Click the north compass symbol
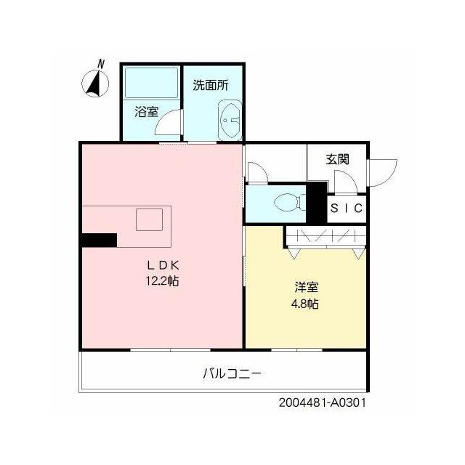click(95, 84)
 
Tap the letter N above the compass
click(101, 64)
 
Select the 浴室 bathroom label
click(147, 111)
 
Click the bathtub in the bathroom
click(152, 83)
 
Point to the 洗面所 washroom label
click(211, 85)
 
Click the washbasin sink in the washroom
click(230, 120)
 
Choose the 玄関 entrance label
click(337, 159)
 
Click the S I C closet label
click(347, 209)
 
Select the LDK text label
click(163, 265)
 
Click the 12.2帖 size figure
click(162, 280)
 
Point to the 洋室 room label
click(307, 287)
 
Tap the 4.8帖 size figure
click(305, 304)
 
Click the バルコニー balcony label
click(232, 373)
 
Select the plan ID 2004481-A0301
click(323, 403)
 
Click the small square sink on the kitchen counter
click(149, 219)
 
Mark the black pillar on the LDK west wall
click(100, 240)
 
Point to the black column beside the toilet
click(316, 203)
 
